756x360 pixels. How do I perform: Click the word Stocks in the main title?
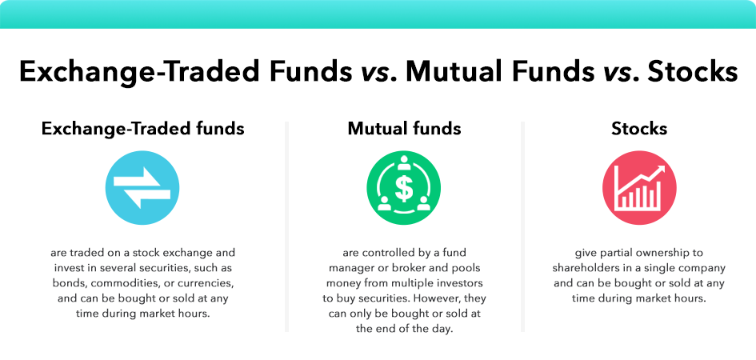click(692, 72)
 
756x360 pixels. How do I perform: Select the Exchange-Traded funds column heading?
click(143, 128)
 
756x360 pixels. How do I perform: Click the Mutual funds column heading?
click(404, 128)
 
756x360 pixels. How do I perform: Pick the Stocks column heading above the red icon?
click(639, 128)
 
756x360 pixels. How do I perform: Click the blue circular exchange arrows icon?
click(142, 188)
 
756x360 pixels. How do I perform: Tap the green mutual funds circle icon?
click(404, 188)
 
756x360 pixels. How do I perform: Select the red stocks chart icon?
click(639, 188)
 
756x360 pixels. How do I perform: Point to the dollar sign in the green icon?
click(404, 190)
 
